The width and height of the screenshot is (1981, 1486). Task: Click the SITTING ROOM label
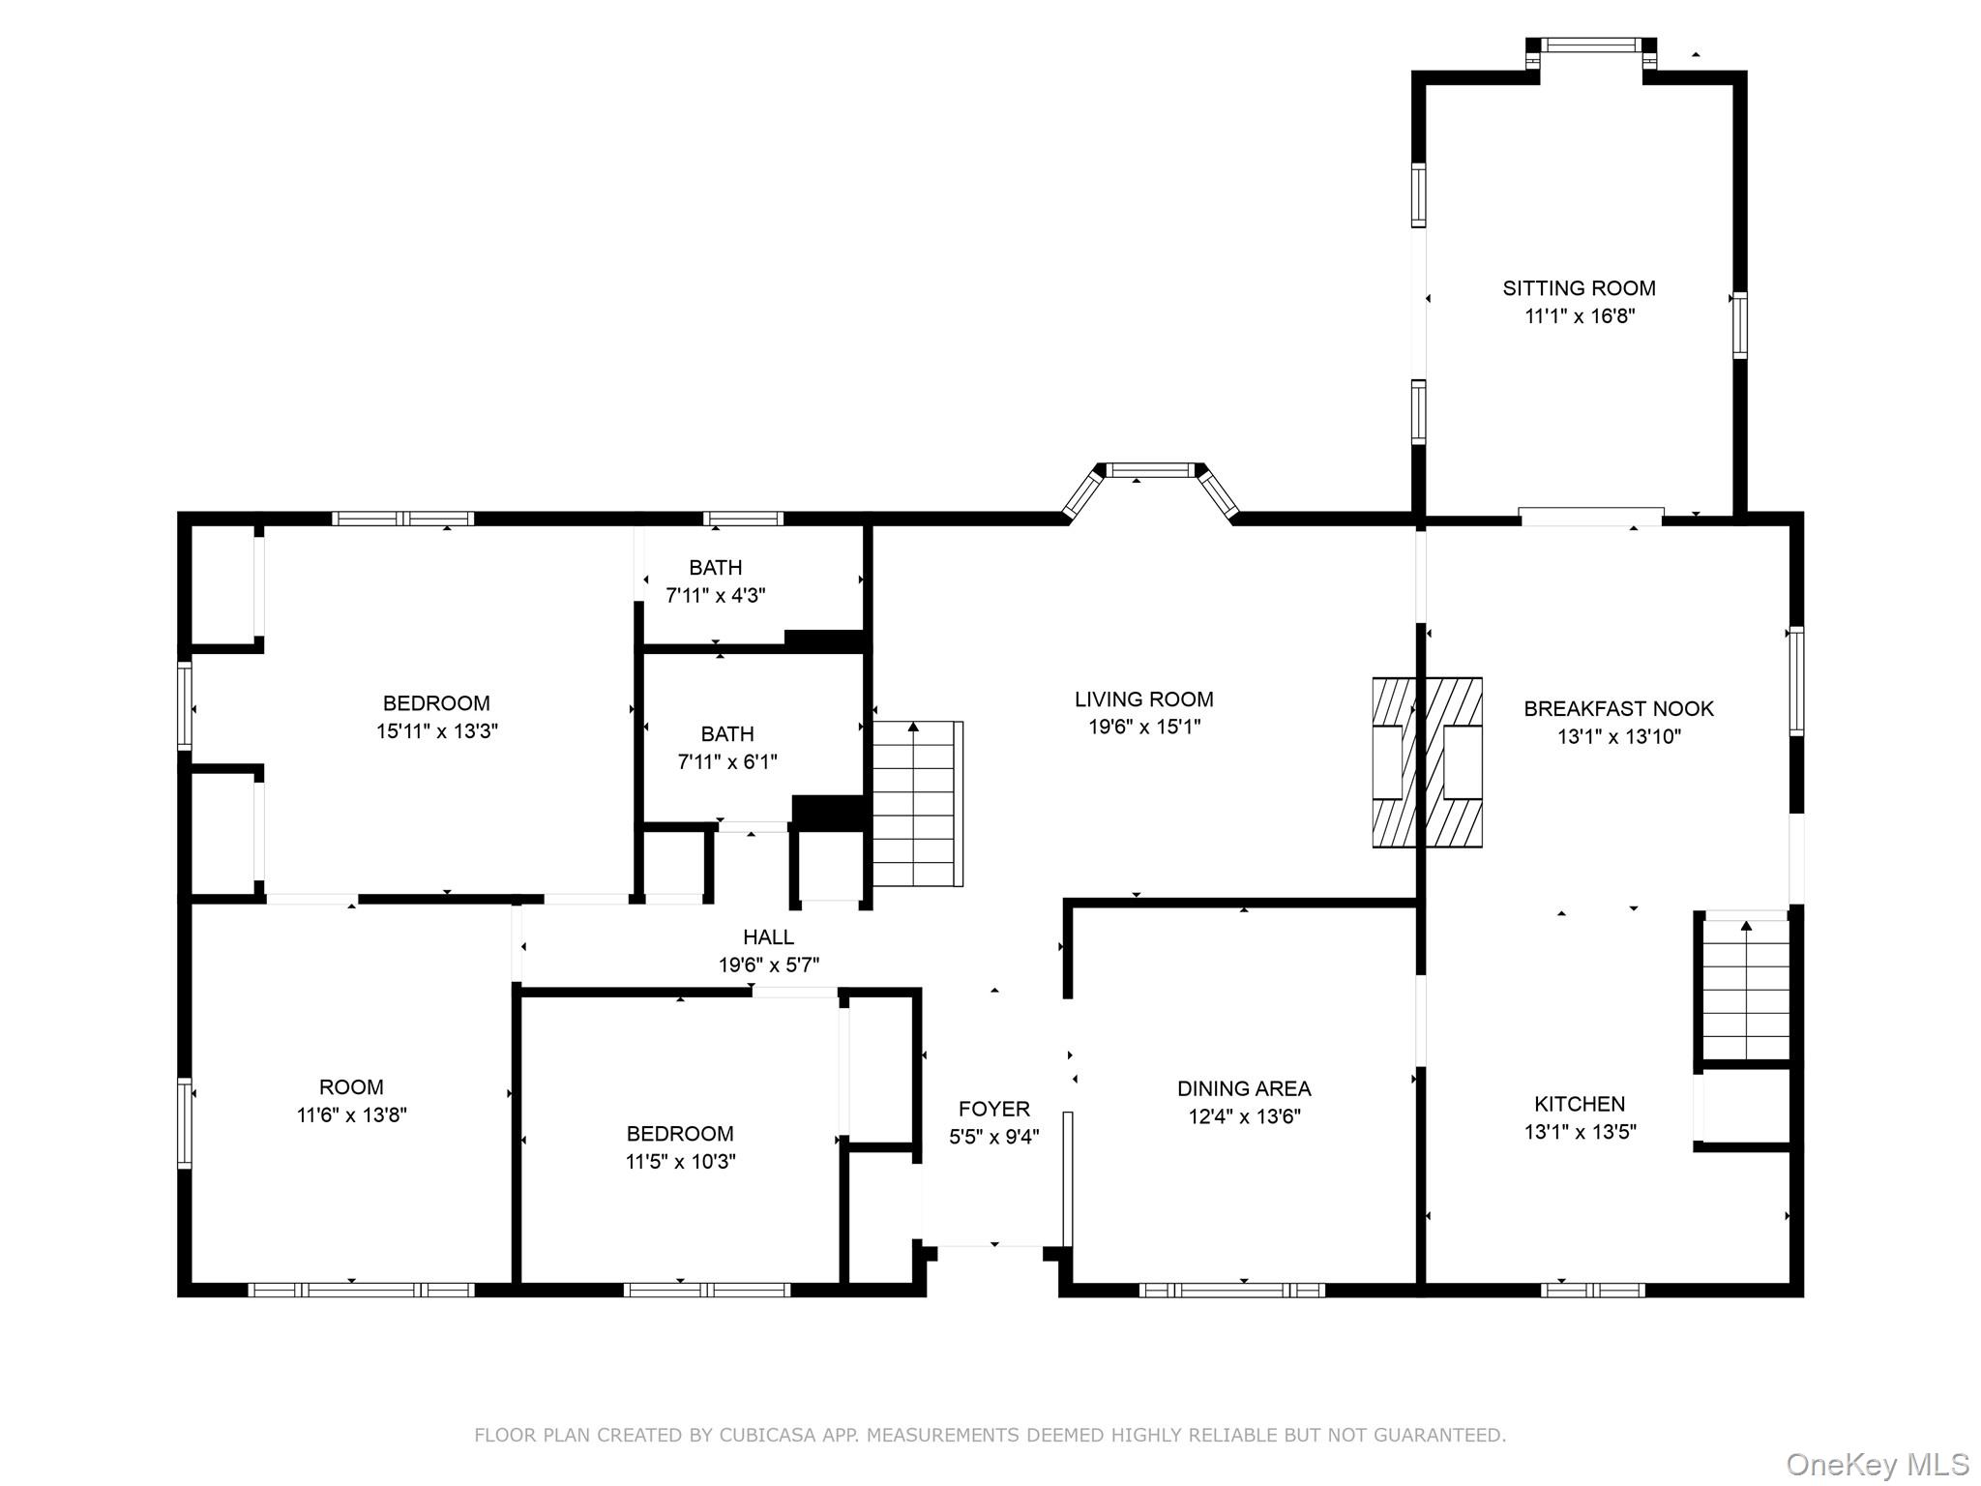(x=1579, y=288)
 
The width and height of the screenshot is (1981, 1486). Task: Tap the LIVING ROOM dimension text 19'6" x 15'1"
(x=1144, y=727)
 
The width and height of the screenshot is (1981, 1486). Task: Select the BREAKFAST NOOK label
(x=1618, y=708)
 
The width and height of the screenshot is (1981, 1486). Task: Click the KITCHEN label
(x=1580, y=1104)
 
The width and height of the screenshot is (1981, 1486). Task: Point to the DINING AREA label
(x=1244, y=1088)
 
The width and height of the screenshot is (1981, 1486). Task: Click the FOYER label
(x=993, y=1109)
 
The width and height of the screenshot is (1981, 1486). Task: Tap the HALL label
(x=768, y=936)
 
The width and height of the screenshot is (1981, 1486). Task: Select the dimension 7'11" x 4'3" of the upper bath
(x=715, y=595)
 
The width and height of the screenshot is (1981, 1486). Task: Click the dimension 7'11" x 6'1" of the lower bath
(x=726, y=761)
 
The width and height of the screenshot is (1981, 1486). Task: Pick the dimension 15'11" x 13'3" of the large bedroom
(x=436, y=730)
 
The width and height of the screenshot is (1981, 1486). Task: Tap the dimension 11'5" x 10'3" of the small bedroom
(x=680, y=1161)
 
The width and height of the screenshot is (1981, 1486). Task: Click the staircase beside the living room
(x=916, y=803)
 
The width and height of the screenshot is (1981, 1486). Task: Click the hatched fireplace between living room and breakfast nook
(x=1427, y=762)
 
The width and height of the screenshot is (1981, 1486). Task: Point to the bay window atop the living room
(x=1151, y=471)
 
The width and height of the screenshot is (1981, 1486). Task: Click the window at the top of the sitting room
(x=1590, y=45)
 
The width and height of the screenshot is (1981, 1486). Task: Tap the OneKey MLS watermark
(x=1877, y=1464)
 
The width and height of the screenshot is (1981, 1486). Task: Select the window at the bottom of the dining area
(x=1231, y=1290)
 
